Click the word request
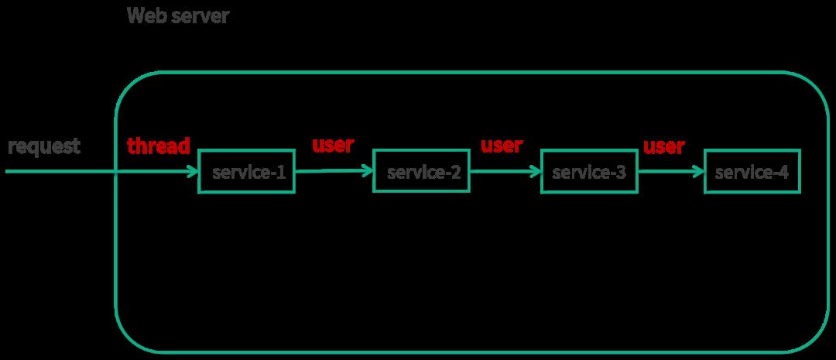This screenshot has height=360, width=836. click(43, 146)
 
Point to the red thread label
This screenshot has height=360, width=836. click(159, 146)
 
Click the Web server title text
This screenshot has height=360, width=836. click(178, 15)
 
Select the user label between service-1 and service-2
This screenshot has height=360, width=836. click(333, 145)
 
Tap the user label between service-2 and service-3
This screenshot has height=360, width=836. click(502, 145)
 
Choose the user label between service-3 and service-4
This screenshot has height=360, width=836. click(664, 146)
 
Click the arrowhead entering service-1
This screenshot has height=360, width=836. click(192, 172)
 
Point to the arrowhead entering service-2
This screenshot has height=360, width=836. click(367, 170)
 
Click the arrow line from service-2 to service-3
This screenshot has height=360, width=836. click(505, 172)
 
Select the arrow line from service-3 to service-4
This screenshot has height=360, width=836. click(671, 172)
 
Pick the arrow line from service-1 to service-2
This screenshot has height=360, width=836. click(334, 171)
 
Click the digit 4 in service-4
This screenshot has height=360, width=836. click(783, 173)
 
